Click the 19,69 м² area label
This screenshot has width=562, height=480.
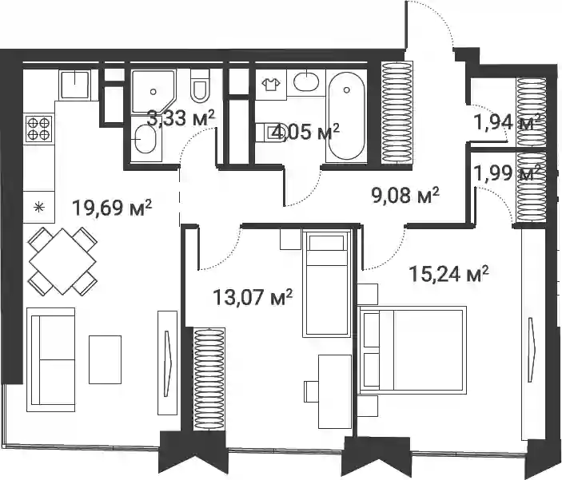click(x=112, y=208)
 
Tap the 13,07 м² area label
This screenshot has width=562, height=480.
click(x=253, y=297)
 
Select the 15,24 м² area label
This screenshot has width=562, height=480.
click(x=448, y=274)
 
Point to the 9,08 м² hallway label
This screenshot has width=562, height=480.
click(x=405, y=196)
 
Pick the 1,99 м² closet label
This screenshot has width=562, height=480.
click(x=507, y=173)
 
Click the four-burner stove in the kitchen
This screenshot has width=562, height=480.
click(x=38, y=129)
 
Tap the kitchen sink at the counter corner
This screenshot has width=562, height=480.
click(x=74, y=85)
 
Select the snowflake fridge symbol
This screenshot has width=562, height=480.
click(x=38, y=207)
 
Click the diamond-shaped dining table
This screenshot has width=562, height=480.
click(x=62, y=261)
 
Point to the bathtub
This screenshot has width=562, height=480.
click(x=346, y=116)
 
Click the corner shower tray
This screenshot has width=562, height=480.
click(x=153, y=92)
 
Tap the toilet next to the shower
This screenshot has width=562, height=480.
click(x=200, y=85)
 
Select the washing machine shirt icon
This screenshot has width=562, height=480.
click(x=271, y=85)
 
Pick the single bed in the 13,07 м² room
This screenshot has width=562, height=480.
click(x=326, y=284)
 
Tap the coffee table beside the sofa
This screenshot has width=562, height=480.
click(x=105, y=359)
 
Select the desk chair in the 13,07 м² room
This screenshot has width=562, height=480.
click(x=311, y=391)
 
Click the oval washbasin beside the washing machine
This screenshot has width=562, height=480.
click(x=306, y=82)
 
